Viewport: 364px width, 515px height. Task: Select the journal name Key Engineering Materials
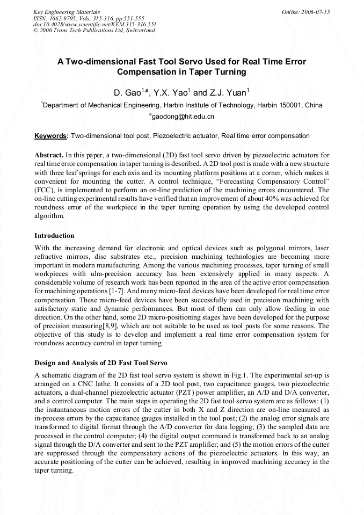pyautogui.click(x=67, y=12)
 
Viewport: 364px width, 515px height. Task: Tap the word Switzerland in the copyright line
pyautogui.click(x=141, y=31)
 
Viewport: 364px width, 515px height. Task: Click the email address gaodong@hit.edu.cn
pyautogui.click(x=183, y=116)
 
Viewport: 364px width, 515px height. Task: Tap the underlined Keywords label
pyautogui.click(x=52, y=136)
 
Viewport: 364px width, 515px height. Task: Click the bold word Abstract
pyautogui.click(x=49, y=155)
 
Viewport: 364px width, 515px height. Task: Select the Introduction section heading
pyautogui.click(x=54, y=236)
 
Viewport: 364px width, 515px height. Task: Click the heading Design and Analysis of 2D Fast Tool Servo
pyautogui.click(x=101, y=364)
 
